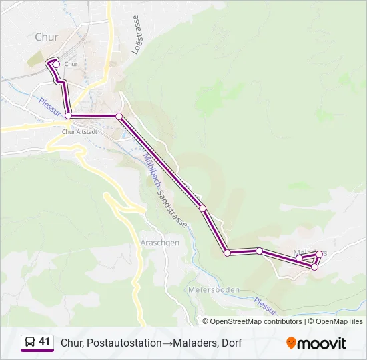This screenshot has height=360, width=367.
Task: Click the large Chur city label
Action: (47, 37)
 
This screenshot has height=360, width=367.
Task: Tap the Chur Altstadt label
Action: (79, 131)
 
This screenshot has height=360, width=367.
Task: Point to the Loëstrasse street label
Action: (137, 34)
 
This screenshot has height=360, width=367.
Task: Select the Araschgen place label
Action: (160, 243)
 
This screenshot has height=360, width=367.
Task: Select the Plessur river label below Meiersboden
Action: (266, 305)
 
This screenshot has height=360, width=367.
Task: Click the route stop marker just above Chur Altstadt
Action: (68, 116)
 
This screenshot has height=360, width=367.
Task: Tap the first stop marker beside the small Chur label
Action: (56, 64)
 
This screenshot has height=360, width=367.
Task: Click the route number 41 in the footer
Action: (45, 342)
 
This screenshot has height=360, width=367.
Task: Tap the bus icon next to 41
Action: (29, 343)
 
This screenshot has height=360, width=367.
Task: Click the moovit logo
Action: (316, 343)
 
